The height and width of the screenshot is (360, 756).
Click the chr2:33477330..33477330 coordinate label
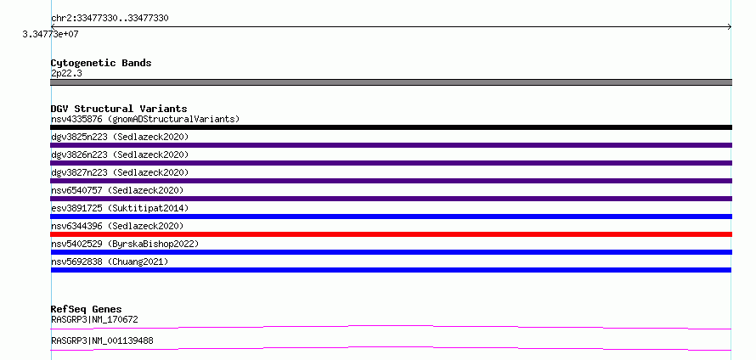coord(110,19)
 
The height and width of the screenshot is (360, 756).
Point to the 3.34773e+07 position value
coord(51,34)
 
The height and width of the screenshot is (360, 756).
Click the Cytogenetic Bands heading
coord(101,63)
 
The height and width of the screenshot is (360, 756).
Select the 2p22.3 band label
coord(66,73)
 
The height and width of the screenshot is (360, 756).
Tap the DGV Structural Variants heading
coord(119,109)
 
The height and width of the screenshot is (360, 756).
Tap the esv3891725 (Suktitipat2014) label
coord(120,208)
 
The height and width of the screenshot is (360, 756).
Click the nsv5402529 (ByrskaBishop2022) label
coord(125,244)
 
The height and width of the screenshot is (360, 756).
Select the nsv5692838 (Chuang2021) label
coord(110,262)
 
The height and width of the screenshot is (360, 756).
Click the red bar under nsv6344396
coord(391,234)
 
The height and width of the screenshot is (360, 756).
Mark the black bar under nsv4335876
coord(391,127)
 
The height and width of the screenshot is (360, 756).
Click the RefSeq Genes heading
coord(87,309)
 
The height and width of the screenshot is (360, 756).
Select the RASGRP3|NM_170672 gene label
coord(94,319)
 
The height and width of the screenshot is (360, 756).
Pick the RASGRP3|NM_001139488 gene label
coord(102,340)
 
